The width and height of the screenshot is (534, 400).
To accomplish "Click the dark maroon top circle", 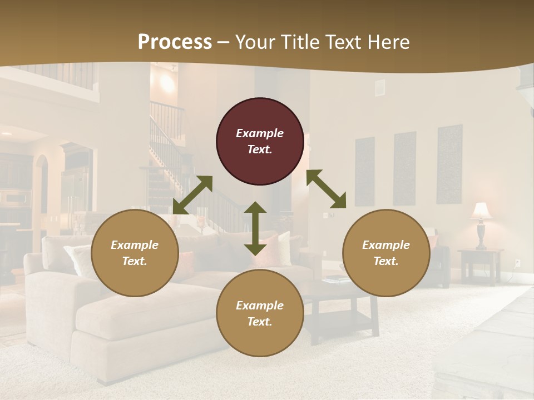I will point(260,141).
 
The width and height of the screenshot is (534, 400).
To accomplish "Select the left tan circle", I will point(135,253).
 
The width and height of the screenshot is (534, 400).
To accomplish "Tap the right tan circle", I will point(386,253).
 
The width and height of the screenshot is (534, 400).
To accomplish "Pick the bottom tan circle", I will point(260,313).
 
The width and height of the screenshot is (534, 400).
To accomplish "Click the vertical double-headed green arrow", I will point(255,228).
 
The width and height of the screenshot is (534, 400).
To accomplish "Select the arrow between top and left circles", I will point(193,195).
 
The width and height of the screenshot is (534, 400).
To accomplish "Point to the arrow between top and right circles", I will point(327,189).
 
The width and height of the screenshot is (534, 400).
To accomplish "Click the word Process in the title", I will point(175,42).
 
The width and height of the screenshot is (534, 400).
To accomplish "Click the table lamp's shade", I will point(481,211).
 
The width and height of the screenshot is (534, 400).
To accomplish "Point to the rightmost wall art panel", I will point(449,164).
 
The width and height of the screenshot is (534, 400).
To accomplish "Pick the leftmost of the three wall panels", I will point(364,172).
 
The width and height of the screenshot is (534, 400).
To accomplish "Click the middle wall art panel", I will point(405,168).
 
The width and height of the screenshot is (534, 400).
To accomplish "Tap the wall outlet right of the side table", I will point(517,262).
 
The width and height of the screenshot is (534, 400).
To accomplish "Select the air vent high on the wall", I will point(379,87).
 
